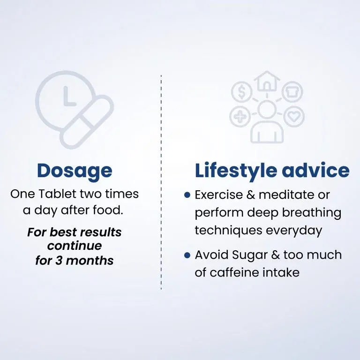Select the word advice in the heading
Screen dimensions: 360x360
coord(315,170)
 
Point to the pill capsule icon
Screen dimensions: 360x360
coord(87,122)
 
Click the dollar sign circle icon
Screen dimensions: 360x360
coord(242,92)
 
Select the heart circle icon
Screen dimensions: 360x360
coord(294,116)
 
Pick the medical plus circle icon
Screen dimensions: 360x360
coord(240,116)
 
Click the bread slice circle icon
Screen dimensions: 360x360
coord(292,91)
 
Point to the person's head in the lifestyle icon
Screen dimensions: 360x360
coord(267,109)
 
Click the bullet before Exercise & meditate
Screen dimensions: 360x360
coord(187,195)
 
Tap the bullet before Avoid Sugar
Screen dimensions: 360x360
coord(187,255)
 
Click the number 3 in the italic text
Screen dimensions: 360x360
coord(59,261)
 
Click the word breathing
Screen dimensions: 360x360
coord(312,213)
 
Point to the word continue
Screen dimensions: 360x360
coord(75,246)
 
